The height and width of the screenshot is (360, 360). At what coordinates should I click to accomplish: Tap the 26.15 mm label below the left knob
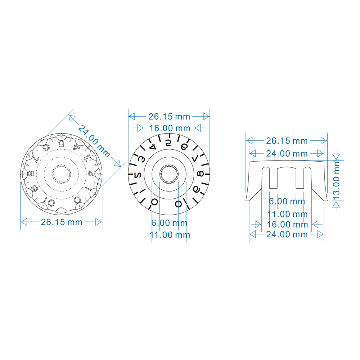point(62,222)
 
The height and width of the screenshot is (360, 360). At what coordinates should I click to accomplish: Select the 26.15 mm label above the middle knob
point(169,117)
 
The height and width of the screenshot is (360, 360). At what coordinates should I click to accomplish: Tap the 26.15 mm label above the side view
point(287,140)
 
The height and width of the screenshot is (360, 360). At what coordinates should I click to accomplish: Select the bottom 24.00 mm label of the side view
point(287,234)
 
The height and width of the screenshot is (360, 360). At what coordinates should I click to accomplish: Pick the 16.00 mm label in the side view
point(287,225)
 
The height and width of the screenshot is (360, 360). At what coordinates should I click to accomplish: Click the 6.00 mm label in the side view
point(287,202)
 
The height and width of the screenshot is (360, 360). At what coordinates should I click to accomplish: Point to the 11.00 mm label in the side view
point(287,215)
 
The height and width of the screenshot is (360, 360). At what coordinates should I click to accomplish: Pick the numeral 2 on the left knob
point(91,174)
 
